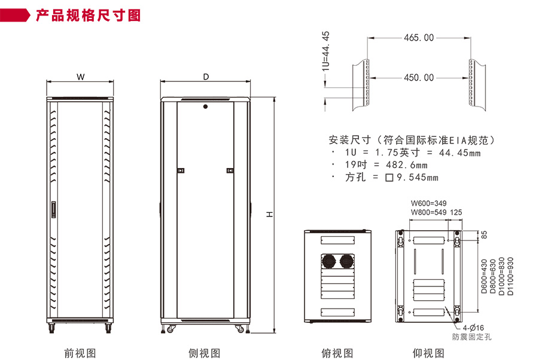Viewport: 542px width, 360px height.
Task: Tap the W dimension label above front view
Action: click(x=80, y=77)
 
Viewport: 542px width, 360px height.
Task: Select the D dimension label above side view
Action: click(x=206, y=77)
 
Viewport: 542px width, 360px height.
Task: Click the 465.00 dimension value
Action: click(x=419, y=38)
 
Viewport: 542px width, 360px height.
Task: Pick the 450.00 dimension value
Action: click(x=419, y=78)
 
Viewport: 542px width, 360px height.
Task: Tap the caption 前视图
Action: click(x=80, y=353)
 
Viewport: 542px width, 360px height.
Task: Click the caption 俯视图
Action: click(x=337, y=353)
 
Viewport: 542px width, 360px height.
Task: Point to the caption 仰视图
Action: click(x=428, y=353)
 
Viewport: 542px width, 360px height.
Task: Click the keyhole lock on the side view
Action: click(x=205, y=108)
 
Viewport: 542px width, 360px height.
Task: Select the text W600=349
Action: click(x=428, y=203)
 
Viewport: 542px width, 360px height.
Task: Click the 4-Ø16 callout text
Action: click(x=472, y=328)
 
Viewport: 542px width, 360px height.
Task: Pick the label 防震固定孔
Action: click(x=471, y=338)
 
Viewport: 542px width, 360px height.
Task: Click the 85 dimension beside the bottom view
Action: click(x=485, y=236)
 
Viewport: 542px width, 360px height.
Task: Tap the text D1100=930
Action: click(x=510, y=277)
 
